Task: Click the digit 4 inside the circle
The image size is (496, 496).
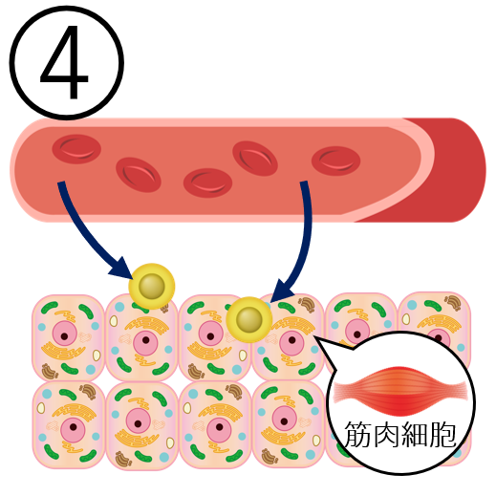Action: (x=65, y=62)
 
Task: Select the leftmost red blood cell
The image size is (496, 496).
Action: (x=76, y=149)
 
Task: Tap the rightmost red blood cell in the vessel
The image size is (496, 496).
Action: (x=335, y=161)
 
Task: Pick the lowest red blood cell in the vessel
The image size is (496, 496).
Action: (x=207, y=183)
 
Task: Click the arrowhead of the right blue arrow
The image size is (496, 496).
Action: (x=282, y=291)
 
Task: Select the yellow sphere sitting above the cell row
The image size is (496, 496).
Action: (x=152, y=286)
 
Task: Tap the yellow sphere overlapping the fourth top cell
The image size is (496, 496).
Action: (x=249, y=319)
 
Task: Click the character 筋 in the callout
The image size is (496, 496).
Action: (x=357, y=434)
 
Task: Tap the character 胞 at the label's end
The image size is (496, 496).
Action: (x=442, y=434)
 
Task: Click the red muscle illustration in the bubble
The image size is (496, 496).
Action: (x=400, y=391)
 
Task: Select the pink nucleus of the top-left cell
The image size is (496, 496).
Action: (x=65, y=334)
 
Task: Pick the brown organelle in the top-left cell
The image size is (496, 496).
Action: (x=50, y=371)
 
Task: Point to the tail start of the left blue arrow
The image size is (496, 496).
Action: (x=61, y=183)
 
